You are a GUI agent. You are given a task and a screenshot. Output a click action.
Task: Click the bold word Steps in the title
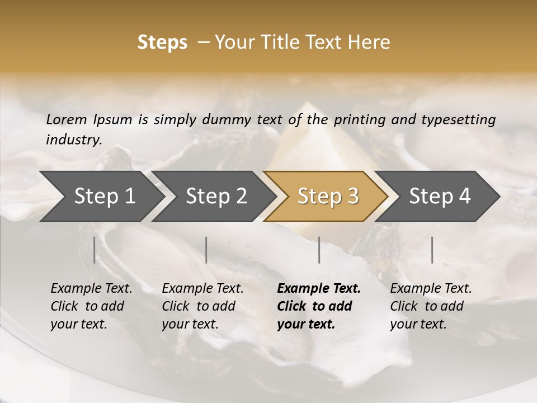click(162, 43)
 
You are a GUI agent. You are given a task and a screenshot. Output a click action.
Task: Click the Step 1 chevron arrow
click(101, 196)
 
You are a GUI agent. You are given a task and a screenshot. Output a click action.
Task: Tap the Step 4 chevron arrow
click(439, 196)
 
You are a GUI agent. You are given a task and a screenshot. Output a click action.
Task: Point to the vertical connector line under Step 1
click(95, 250)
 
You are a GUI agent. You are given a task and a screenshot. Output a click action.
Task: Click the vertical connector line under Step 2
click(206, 250)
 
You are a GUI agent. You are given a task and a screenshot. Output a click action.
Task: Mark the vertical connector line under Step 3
click(319, 250)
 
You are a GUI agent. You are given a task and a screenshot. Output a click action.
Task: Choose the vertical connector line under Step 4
click(432, 250)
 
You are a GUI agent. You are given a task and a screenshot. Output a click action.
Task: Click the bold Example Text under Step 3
click(319, 289)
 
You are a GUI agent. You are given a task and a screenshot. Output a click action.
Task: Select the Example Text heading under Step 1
click(91, 289)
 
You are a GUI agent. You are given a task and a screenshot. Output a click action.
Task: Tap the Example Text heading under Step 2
click(202, 289)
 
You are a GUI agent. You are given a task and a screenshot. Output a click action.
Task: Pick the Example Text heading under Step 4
click(431, 289)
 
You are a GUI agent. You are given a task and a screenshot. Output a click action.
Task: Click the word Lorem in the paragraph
click(67, 119)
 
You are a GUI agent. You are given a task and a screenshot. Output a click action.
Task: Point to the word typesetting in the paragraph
click(461, 119)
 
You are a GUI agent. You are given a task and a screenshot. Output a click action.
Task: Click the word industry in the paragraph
click(73, 140)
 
